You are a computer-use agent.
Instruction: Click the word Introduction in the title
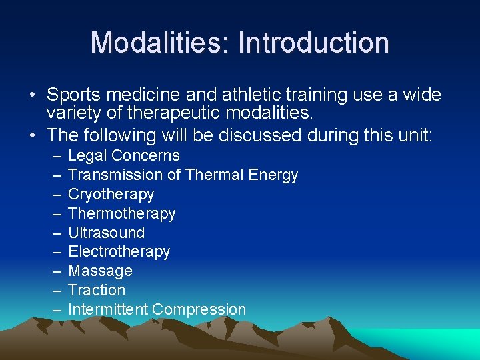point(313,43)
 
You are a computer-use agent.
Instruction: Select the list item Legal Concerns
point(124,156)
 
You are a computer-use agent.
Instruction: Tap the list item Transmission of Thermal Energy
point(183,175)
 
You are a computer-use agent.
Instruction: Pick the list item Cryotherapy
point(111,195)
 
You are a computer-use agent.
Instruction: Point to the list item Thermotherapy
point(121,214)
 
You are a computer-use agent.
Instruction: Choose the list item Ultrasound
point(106,233)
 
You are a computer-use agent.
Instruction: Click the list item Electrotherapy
point(119,252)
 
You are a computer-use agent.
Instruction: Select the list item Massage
point(100,271)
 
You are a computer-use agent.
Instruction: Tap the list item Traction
point(97,291)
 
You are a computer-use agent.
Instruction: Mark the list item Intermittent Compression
point(157,310)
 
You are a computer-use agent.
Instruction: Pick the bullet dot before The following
point(34,136)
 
